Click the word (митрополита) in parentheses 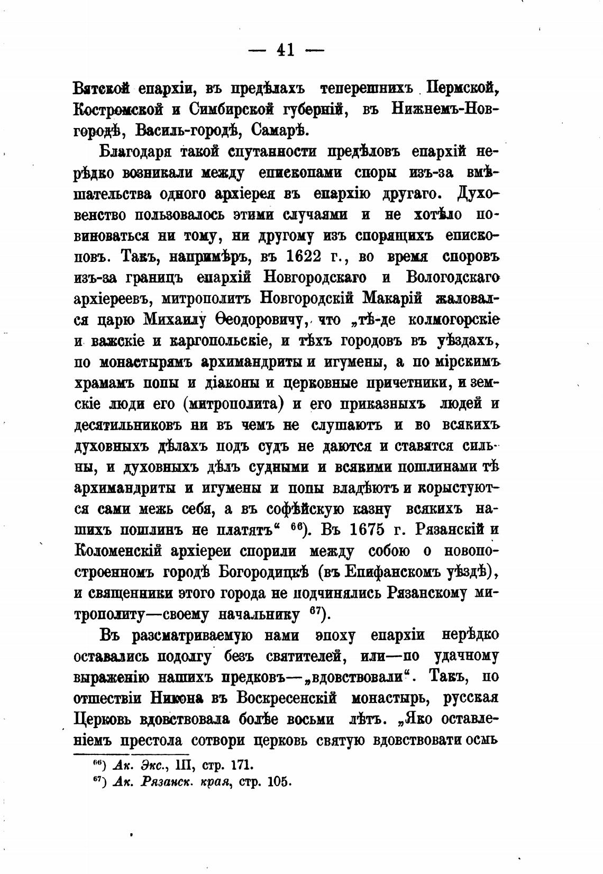pyautogui.click(x=233, y=404)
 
